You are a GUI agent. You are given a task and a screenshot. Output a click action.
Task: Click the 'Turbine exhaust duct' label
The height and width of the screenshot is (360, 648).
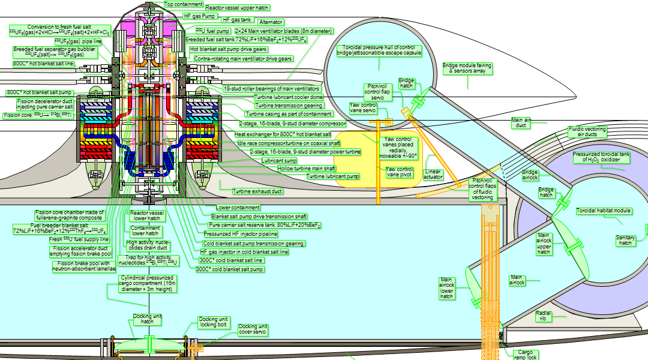257,191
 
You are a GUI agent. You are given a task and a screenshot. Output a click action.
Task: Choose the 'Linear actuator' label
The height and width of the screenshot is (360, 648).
433,174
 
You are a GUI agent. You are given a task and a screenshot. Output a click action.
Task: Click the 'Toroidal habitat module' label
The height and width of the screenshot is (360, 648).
603,211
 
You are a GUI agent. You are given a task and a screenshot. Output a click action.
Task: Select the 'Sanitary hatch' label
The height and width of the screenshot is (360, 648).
625,240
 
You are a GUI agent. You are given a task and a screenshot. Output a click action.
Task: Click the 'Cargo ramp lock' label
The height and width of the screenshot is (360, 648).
526,355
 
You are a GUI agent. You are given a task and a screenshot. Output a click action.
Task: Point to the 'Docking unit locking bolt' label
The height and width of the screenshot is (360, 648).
214,322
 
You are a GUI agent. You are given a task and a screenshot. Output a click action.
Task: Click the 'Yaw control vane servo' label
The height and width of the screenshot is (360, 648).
364,108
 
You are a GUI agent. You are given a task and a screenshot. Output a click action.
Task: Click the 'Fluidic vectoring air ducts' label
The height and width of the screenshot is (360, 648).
587,132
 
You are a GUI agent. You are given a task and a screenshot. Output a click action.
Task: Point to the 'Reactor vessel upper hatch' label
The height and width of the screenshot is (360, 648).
237,8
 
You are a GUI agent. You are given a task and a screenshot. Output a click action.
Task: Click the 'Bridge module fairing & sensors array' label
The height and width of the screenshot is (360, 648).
467,69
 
